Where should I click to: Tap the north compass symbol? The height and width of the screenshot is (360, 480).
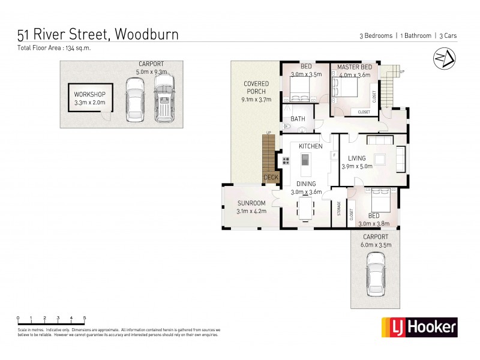click(x=443, y=59)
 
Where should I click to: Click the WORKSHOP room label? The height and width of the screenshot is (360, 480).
click(x=89, y=95)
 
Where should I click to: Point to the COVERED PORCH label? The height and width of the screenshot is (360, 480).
click(x=256, y=88)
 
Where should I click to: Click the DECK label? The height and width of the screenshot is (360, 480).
click(x=271, y=178)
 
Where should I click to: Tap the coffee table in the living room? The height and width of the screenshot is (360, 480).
click(x=379, y=159)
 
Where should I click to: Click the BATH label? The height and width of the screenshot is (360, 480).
click(x=298, y=119)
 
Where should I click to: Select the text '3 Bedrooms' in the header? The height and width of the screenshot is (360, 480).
click(x=373, y=36)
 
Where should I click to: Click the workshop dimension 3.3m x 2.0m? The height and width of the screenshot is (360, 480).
click(x=89, y=103)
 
